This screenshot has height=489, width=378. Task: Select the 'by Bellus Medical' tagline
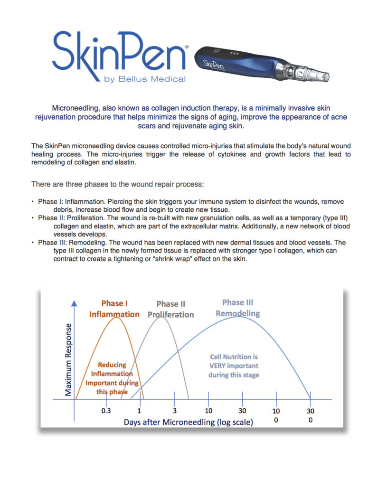click(x=145, y=79)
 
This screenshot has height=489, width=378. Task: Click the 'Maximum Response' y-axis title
click(x=69, y=359)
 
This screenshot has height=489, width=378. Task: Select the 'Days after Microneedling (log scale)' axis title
click(x=189, y=422)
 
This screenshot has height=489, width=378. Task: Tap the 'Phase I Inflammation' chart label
click(x=114, y=309)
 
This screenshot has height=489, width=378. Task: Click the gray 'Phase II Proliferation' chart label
click(x=170, y=309)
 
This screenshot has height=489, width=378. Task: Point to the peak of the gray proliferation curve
click(x=161, y=317)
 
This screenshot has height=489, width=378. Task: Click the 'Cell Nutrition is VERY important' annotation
click(x=233, y=366)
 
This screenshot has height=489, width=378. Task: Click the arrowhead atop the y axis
click(x=74, y=302)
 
